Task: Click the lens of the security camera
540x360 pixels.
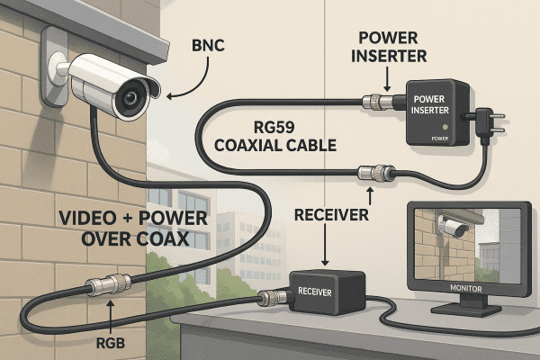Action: (x=133, y=96)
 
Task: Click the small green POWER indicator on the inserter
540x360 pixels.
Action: (x=440, y=139)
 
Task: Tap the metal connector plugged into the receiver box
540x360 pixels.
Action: (x=269, y=298)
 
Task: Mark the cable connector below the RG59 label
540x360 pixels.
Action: (x=372, y=171)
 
